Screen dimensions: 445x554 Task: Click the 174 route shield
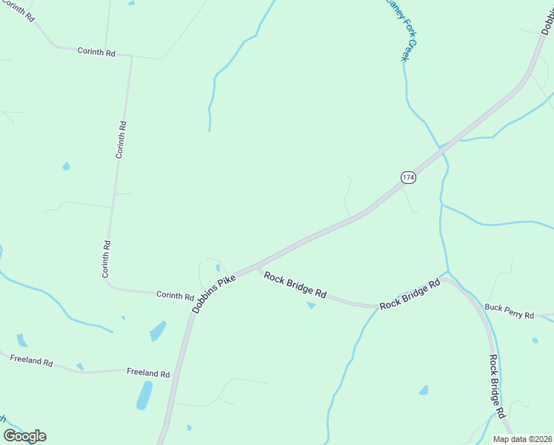pos(408,177)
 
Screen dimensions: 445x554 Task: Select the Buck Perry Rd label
pos(509,311)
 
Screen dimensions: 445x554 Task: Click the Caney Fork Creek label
pos(401,30)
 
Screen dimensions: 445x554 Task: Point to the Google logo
pos(24,435)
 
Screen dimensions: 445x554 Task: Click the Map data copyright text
pos(522,439)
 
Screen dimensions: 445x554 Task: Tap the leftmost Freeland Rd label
pos(31,361)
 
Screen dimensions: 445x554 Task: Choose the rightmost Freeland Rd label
pos(148,372)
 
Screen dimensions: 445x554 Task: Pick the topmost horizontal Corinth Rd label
pos(96,52)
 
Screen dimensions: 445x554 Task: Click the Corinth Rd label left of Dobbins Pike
pos(175,294)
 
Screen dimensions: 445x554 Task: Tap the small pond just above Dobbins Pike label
pos(218,268)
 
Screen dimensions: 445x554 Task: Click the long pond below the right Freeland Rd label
pos(144,395)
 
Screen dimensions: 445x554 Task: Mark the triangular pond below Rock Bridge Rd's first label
pos(311,305)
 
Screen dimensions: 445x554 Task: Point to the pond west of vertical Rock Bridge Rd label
pos(424,390)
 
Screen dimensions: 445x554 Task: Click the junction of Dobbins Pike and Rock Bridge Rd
pos(258,266)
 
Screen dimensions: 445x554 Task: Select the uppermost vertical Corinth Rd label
pos(121,139)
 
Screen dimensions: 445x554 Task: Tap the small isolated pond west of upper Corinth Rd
pos(66,166)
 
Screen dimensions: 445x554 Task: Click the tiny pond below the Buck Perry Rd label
pos(535,340)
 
